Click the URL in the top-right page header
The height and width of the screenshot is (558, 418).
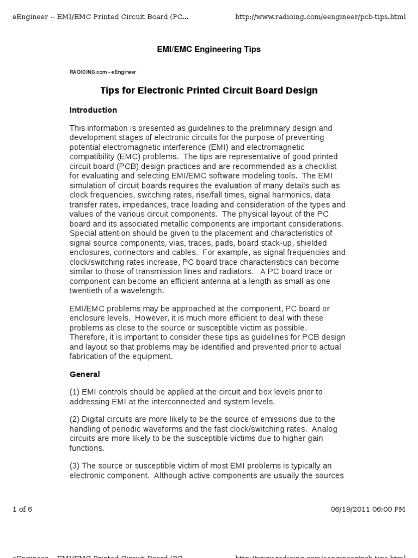(x=320, y=17)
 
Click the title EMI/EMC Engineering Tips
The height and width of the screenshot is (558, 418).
(x=208, y=50)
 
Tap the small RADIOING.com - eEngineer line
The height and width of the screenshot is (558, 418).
(x=102, y=71)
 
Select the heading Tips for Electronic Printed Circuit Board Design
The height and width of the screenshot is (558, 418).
(x=208, y=90)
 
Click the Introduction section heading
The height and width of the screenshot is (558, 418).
(x=93, y=110)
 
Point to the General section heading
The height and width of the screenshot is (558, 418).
(x=85, y=374)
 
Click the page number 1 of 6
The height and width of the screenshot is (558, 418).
(x=22, y=510)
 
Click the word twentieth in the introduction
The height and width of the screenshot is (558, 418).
(x=87, y=290)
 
